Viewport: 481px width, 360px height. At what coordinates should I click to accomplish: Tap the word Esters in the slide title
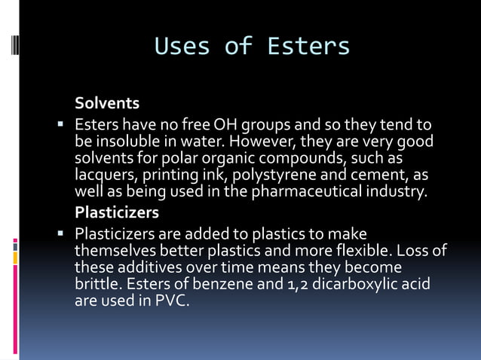[x=308, y=47]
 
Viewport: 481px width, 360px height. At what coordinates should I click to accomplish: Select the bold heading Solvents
[x=107, y=103]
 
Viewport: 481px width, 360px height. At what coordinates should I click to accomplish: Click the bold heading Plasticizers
[x=116, y=213]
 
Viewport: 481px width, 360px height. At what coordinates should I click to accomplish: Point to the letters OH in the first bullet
[x=225, y=124]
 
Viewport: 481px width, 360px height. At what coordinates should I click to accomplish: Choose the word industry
[x=399, y=191]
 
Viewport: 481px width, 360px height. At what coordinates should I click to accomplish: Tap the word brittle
[x=97, y=284]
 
